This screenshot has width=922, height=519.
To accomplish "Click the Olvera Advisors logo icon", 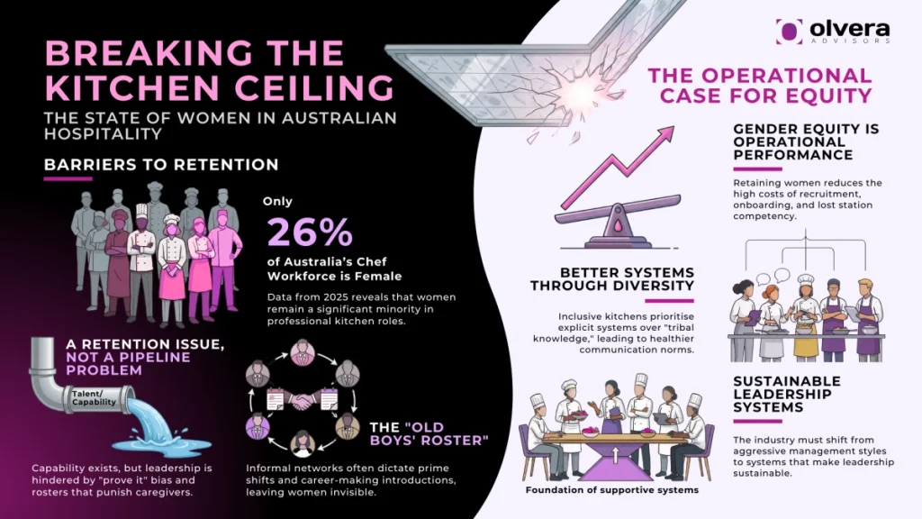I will click(789, 31).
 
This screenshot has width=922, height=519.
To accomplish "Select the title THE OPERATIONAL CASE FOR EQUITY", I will click(760, 85).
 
